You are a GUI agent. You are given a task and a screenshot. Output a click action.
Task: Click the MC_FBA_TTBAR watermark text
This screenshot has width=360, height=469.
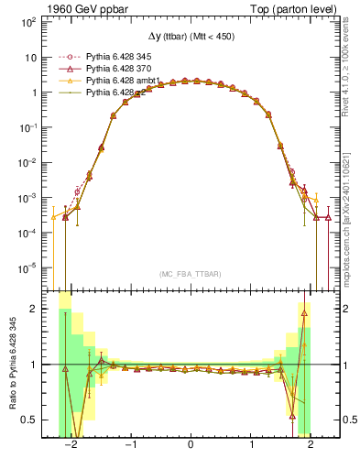point(190,275)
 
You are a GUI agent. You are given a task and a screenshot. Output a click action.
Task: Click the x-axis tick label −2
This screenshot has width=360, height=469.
point(70,445)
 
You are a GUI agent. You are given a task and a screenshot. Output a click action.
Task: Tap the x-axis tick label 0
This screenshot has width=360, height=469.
point(190,445)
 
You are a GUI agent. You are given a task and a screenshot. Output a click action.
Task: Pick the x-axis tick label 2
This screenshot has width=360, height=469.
point(311,445)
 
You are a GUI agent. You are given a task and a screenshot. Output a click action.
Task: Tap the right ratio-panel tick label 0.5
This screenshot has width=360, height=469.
point(348,420)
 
